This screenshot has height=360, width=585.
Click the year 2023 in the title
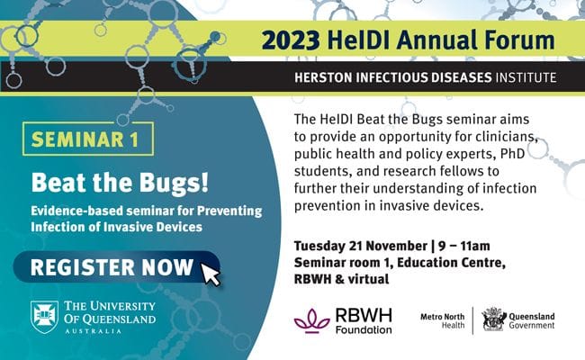click(x=291, y=40)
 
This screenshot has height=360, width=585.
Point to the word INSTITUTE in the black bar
click(x=526, y=77)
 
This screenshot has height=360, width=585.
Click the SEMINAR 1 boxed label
click(x=88, y=139)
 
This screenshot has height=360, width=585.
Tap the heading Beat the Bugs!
click(x=120, y=183)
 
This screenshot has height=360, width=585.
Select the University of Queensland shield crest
click(x=44, y=317)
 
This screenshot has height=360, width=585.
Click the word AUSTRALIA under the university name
click(x=94, y=331)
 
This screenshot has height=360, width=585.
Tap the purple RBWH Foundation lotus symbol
click(x=312, y=321)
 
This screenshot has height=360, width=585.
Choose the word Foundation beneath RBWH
click(x=364, y=329)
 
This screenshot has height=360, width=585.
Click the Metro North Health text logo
click(x=443, y=320)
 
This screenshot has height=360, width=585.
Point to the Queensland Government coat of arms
click(x=494, y=319)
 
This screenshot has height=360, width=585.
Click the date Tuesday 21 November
click(x=360, y=247)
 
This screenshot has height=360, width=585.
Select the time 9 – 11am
click(x=464, y=247)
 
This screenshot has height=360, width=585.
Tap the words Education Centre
click(x=451, y=263)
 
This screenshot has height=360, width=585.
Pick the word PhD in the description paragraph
click(x=512, y=154)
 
